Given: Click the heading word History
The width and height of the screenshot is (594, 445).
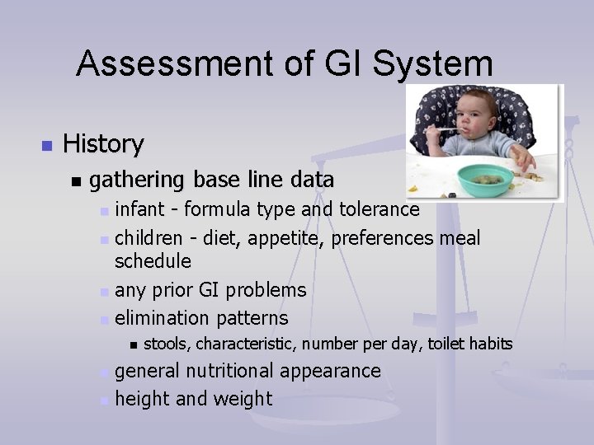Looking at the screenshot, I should click(103, 144).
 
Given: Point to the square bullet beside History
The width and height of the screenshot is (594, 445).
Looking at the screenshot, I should click(46, 146).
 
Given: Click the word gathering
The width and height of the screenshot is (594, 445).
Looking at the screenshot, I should click(138, 180).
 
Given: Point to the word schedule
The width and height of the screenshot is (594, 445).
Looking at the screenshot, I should click(153, 261).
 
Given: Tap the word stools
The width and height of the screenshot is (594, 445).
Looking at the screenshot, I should click(167, 344).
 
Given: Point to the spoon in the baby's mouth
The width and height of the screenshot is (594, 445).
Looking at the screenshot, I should click(446, 129).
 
